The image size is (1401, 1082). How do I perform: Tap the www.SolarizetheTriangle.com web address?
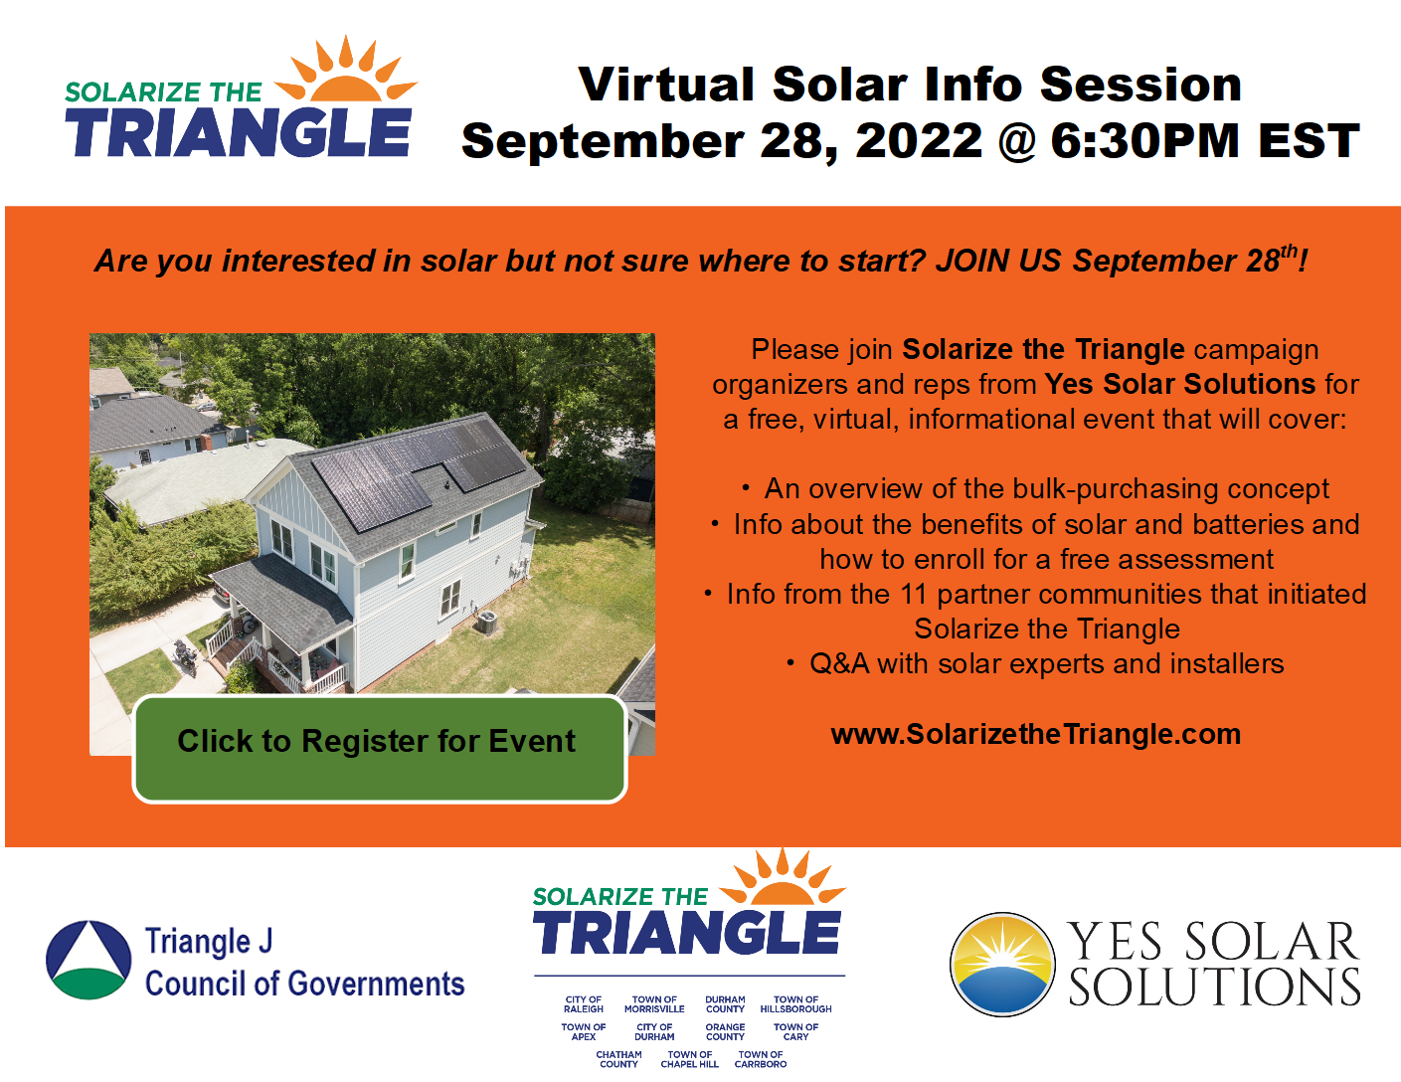coord(1035,734)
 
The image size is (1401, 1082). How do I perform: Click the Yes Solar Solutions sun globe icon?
coord(1002,964)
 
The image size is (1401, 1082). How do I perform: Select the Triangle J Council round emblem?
coord(88,960)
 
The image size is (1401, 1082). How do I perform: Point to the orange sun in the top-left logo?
coord(345,75)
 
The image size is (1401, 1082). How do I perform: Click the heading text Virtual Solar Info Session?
coord(909,85)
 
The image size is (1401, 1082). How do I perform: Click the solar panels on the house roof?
coord(418,470)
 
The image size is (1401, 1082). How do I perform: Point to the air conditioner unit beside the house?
coord(486,623)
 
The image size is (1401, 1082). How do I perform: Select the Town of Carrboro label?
coord(761,1059)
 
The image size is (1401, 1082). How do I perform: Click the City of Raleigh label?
coord(584,1004)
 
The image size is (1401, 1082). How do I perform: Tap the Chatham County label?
coord(618,1059)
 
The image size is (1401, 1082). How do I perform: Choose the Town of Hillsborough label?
coord(795,1004)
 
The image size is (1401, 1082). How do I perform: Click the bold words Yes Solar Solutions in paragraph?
coord(1179,384)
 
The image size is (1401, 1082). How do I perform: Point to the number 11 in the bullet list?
coord(914,594)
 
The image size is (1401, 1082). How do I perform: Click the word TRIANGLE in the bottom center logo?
coord(687,933)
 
